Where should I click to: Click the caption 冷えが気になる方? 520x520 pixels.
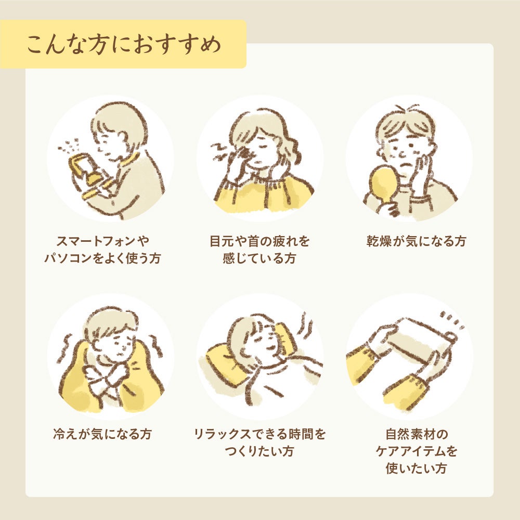[102, 434]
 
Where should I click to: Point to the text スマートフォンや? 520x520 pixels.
[102, 241]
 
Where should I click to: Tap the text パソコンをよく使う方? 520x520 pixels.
[102, 258]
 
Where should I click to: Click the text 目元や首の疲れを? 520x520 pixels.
[259, 241]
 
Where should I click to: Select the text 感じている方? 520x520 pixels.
[259, 258]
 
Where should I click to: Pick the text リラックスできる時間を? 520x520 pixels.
[259, 434]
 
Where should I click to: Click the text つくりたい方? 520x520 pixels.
[259, 451]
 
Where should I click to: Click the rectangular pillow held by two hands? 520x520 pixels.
[416, 343]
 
